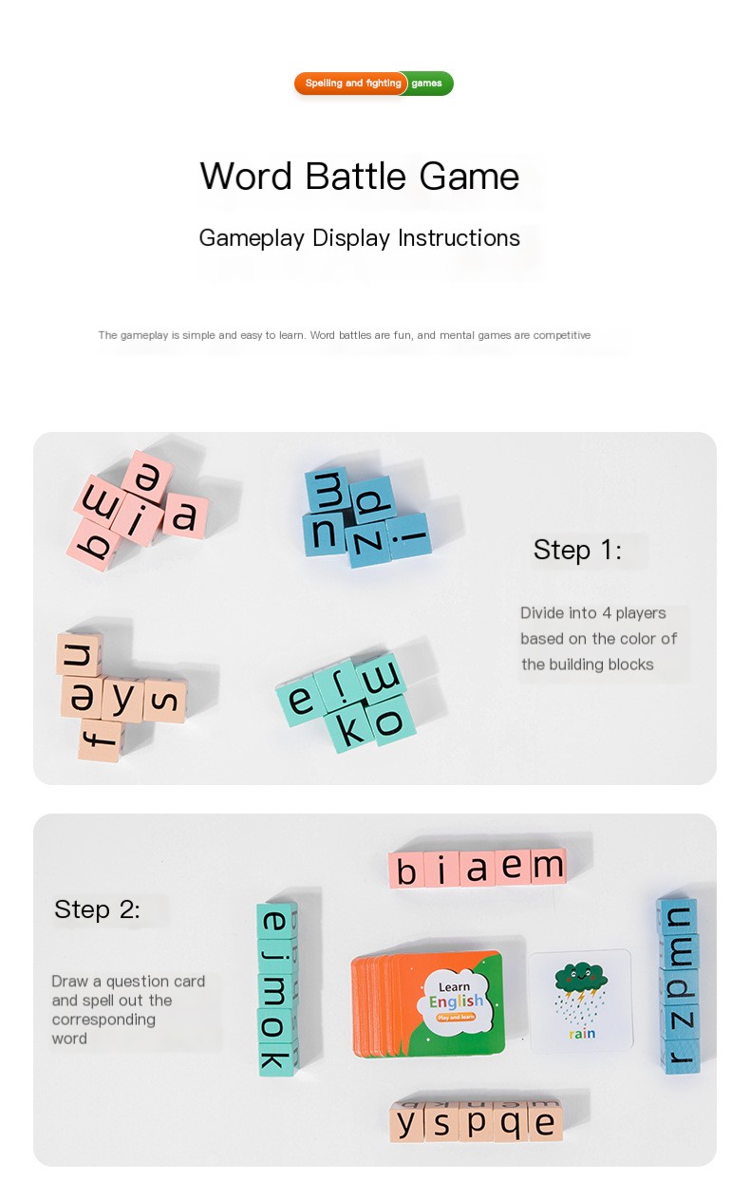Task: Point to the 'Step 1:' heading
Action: (x=577, y=550)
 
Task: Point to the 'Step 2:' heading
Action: (x=97, y=909)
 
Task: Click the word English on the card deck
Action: (x=456, y=1002)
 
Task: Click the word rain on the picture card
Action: (x=582, y=1033)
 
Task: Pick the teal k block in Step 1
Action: (x=351, y=729)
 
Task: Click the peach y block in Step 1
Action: (x=123, y=700)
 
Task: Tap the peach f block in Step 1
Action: (x=101, y=739)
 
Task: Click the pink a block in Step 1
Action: (x=184, y=515)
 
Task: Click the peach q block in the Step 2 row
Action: (x=510, y=1124)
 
